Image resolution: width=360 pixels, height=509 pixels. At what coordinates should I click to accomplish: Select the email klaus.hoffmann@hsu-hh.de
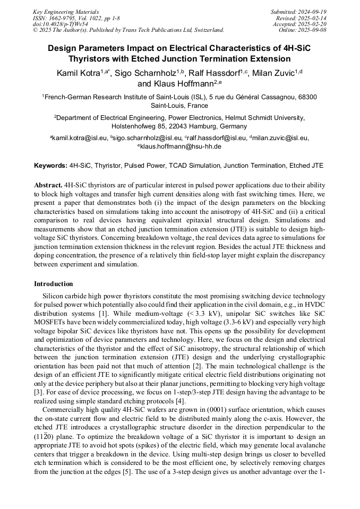(x=181, y=146)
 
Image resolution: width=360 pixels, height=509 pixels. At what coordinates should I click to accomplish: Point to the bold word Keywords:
(x=50, y=166)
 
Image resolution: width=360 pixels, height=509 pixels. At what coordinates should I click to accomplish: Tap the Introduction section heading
(x=54, y=284)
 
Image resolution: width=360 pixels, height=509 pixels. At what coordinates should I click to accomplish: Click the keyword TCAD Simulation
(x=191, y=166)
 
